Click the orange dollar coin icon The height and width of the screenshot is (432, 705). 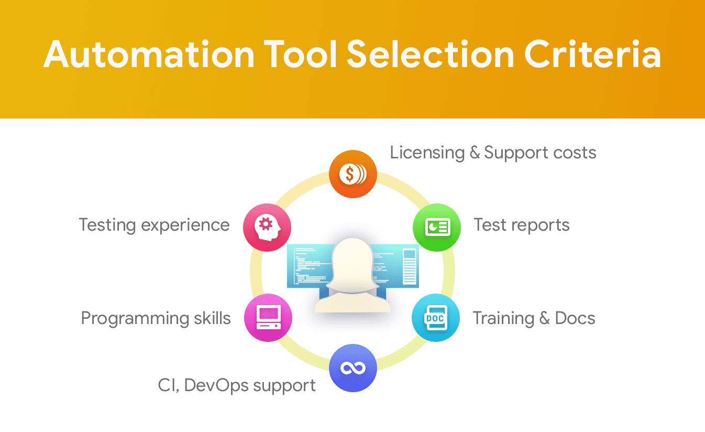click(x=353, y=174)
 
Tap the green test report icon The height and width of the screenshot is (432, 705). click(x=437, y=227)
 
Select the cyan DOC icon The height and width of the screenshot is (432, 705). click(x=436, y=318)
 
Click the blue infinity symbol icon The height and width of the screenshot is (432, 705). click(x=353, y=368)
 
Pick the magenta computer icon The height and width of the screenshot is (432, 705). click(x=268, y=318)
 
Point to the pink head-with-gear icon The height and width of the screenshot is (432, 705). click(x=267, y=227)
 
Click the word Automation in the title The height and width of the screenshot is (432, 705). click(x=149, y=54)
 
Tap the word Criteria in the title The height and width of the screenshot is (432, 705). click(x=592, y=54)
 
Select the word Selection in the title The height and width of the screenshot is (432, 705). click(x=431, y=54)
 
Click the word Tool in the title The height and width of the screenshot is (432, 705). click(x=301, y=54)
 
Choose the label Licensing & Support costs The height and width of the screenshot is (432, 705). click(x=493, y=153)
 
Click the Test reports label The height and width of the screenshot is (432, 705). click(x=522, y=225)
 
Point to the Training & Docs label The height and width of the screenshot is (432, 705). click(x=534, y=318)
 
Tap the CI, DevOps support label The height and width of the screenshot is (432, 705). click(x=237, y=386)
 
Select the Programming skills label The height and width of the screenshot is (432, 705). click(x=156, y=319)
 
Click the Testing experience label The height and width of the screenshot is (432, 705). click(x=154, y=225)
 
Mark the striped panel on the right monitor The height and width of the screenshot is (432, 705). click(x=410, y=266)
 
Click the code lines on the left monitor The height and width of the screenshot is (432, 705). click(x=310, y=265)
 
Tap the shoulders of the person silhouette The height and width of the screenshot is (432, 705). click(x=352, y=302)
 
